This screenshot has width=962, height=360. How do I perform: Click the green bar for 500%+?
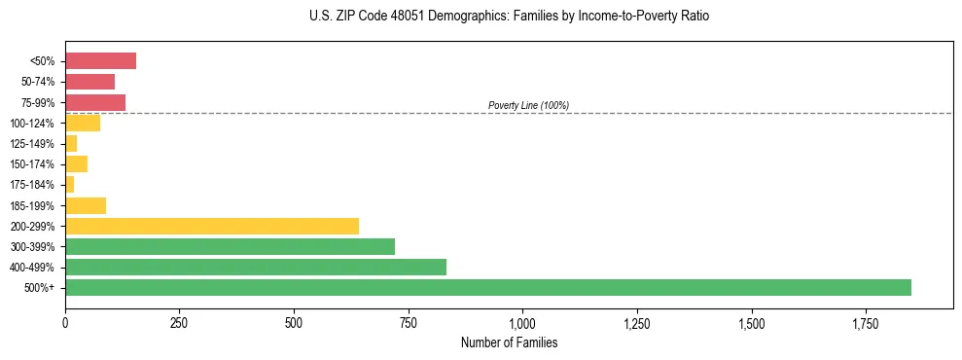pos(487,287)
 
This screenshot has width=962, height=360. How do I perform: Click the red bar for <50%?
pos(100,61)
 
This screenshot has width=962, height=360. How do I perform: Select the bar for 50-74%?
pos(89,82)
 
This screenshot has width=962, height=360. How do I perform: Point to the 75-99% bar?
pos(95,102)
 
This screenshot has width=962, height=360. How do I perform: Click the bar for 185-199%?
pos(86,205)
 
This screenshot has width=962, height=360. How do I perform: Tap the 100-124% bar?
pos(83,123)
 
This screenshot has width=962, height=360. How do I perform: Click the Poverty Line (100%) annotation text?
pos(528,105)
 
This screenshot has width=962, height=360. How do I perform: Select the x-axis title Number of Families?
pos(509,342)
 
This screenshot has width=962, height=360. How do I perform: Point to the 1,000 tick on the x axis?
pos(522,322)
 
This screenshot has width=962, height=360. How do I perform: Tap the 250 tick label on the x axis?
pos(179,322)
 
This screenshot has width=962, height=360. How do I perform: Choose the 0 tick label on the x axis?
pos(65,322)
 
